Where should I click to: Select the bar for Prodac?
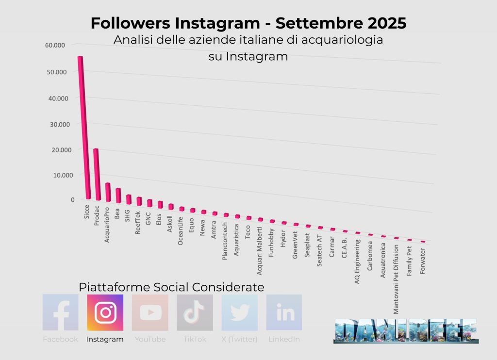97,175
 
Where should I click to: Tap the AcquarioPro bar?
108,192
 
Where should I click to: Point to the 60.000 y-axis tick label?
54,45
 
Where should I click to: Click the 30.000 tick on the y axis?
60,124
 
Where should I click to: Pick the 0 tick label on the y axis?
73,199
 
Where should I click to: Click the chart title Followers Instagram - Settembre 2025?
248,23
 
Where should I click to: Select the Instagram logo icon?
105,312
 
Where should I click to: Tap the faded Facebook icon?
60,312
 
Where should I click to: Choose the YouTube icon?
150,312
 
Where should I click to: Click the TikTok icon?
195,312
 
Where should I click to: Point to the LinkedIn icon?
284,312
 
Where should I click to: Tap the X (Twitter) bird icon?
239,312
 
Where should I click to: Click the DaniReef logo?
406,331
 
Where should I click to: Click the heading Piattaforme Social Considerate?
171,287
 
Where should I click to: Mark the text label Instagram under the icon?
105,340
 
